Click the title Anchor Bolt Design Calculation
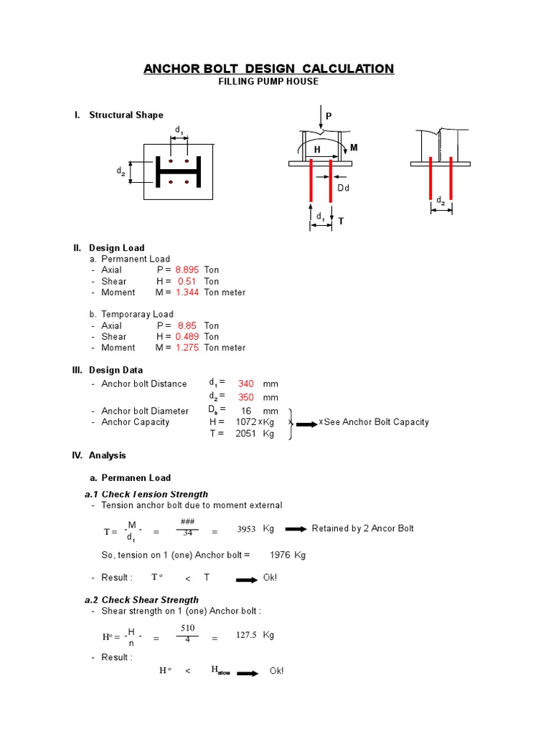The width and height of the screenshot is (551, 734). pos(268,69)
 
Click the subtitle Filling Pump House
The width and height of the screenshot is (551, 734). pos(268,82)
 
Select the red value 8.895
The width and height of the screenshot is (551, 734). pos(187,270)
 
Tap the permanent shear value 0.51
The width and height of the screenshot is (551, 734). pos(187,281)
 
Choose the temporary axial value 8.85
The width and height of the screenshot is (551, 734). pos(187,325)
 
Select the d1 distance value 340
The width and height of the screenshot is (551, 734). pos(246,383)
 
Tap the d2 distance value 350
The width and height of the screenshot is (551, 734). pos(246,397)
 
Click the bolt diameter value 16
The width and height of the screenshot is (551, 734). pos(246,411)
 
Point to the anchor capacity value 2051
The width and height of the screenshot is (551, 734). pos(245,434)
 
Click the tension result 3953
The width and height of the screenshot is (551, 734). pos(246,530)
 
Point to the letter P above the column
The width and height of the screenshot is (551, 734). pos(329,116)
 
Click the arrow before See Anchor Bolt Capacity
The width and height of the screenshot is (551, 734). pos(306,424)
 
